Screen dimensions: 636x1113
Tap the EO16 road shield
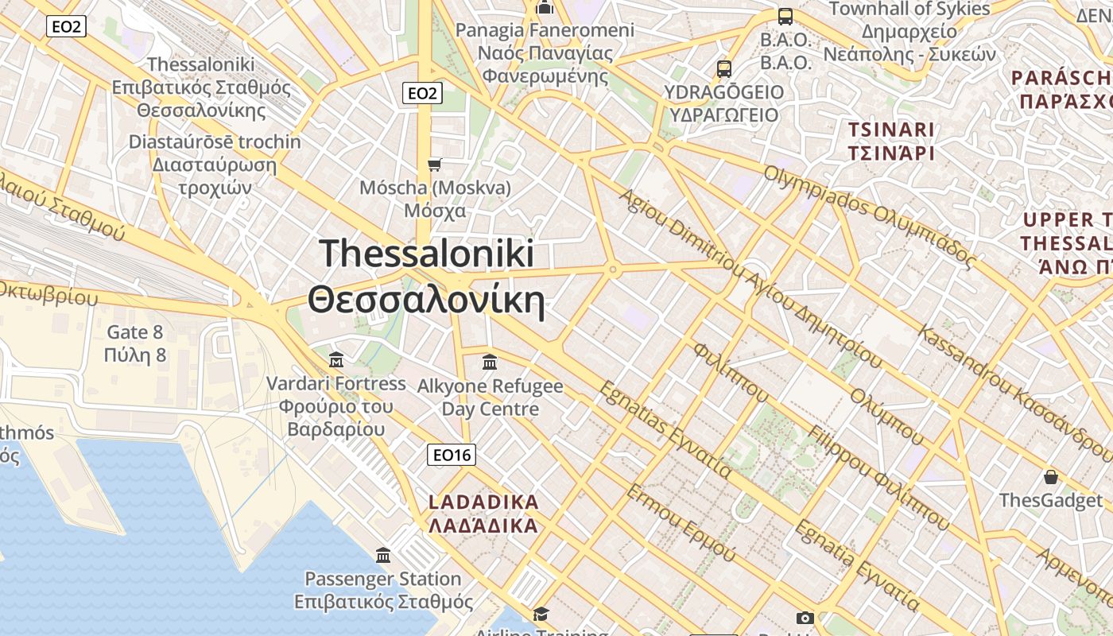click(451, 455)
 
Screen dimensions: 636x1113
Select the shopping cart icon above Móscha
click(434, 165)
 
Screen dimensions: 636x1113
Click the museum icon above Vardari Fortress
click(335, 361)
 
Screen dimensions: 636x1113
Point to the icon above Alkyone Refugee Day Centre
click(490, 363)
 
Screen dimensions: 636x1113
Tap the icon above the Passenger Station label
click(383, 555)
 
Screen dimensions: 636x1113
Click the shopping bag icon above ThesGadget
click(1051, 477)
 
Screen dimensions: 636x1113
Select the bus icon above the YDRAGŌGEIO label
click(723, 69)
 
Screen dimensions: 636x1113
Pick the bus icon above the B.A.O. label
click(785, 17)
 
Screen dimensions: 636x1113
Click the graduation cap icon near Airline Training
click(541, 614)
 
